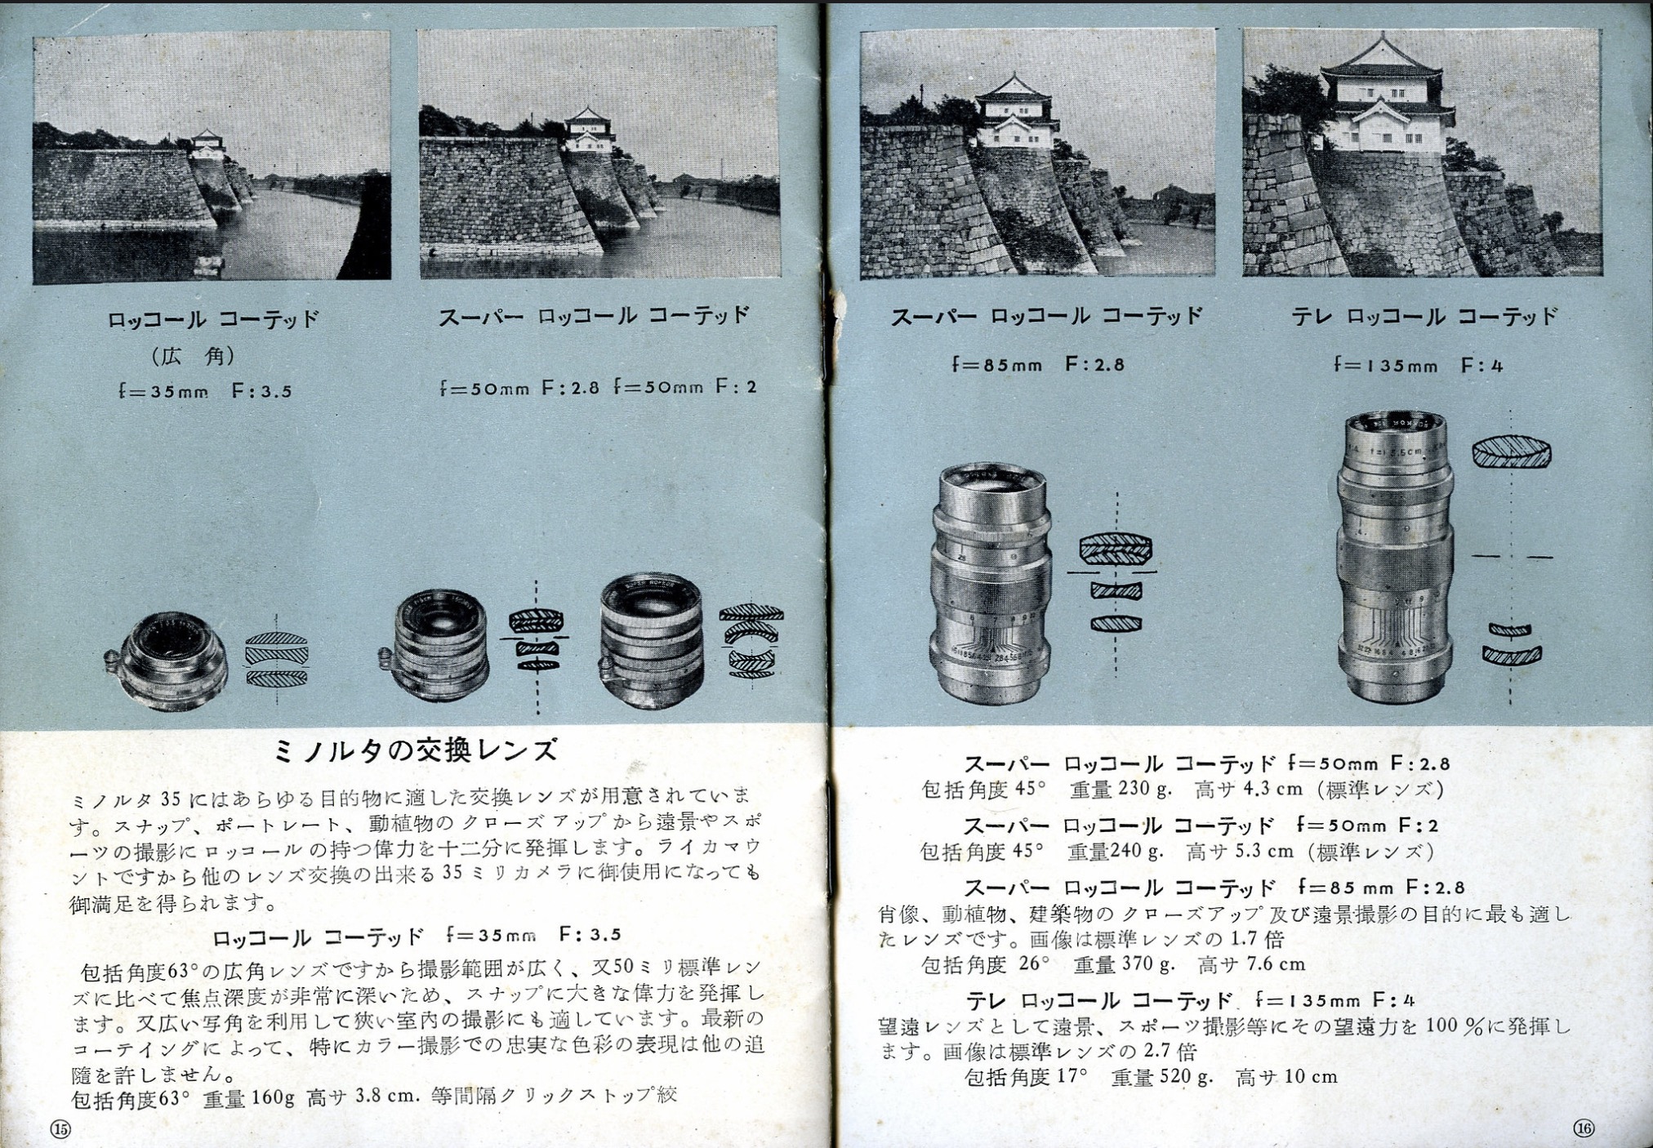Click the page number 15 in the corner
(61, 1129)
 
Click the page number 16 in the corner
(1583, 1128)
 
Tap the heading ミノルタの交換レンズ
(417, 750)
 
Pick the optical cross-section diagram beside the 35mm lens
(278, 660)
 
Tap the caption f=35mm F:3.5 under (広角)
(204, 391)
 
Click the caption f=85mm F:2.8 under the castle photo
(1038, 364)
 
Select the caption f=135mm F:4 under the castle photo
(1418, 365)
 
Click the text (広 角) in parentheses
(193, 356)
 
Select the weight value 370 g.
(1148, 964)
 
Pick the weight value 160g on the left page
(273, 1097)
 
